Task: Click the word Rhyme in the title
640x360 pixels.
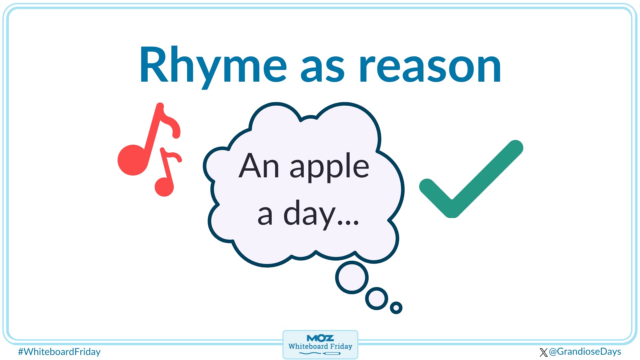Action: click(x=213, y=65)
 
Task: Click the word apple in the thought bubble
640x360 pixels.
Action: click(x=329, y=167)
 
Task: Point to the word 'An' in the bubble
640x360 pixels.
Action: click(x=259, y=166)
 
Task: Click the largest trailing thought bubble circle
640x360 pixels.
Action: click(x=352, y=277)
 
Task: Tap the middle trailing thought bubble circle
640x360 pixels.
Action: click(x=377, y=298)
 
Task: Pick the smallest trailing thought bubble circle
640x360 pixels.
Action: click(x=396, y=307)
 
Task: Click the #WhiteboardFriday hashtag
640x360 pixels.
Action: click(x=59, y=352)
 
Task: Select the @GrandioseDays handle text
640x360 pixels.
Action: click(x=585, y=352)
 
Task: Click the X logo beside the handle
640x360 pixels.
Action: click(x=543, y=352)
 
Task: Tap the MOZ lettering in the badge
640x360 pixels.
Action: click(x=320, y=338)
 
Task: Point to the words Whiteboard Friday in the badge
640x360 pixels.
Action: click(x=320, y=346)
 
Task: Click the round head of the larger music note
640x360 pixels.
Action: click(x=133, y=160)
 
